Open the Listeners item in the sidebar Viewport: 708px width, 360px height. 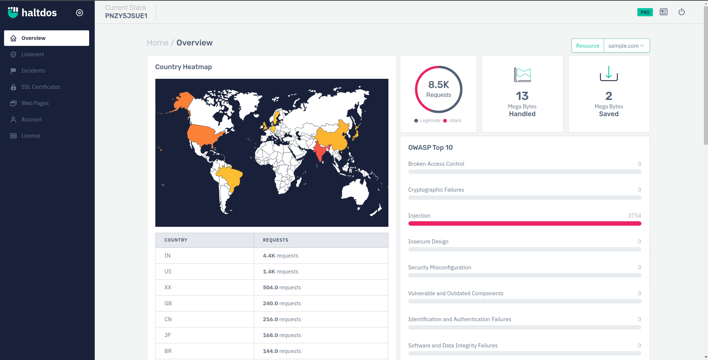[33, 54]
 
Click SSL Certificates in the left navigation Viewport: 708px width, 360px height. [41, 87]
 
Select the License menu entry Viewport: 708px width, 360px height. [31, 136]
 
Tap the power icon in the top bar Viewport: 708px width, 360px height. [681, 12]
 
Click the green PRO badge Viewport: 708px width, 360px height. [645, 12]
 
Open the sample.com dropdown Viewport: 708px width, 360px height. [626, 46]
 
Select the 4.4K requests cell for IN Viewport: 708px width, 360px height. [280, 256]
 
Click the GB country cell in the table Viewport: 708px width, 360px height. [168, 303]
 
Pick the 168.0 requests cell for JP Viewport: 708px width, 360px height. [282, 335]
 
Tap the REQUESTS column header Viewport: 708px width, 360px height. [276, 240]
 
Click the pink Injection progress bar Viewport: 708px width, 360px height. [525, 223]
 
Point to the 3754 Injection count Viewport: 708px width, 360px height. [634, 216]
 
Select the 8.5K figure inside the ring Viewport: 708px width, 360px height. [439, 85]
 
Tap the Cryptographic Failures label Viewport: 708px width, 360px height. [436, 190]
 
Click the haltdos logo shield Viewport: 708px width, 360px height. [13, 13]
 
